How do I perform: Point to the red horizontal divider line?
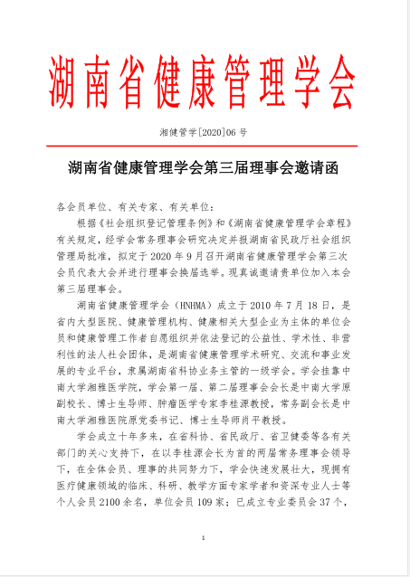click(x=205, y=145)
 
